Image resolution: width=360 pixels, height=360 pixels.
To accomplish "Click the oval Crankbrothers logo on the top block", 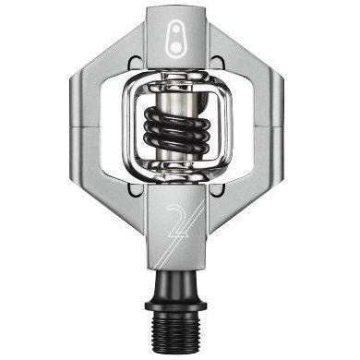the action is (x=176, y=40).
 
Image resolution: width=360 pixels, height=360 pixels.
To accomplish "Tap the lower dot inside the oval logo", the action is (x=176, y=47).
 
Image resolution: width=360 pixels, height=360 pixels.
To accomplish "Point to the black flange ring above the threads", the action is (x=175, y=306).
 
